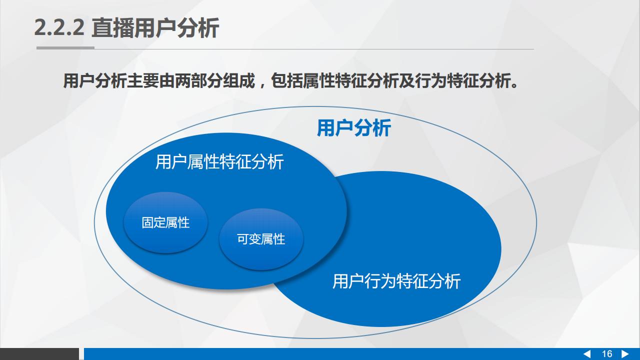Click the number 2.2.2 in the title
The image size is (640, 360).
pyautogui.click(x=59, y=28)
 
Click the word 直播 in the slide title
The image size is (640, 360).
pyautogui.click(x=113, y=27)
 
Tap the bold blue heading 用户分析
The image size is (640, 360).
pyautogui.click(x=353, y=128)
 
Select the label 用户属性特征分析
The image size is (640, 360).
pyautogui.click(x=219, y=161)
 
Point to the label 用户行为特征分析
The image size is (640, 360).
pyautogui.click(x=396, y=281)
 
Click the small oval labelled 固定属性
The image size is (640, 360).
pyautogui.click(x=165, y=222)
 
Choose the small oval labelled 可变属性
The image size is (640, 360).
pyautogui.click(x=261, y=239)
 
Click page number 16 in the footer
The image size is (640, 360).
pyautogui.click(x=607, y=354)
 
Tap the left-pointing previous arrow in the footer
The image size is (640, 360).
pyautogui.click(x=586, y=354)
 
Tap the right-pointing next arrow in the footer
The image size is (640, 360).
pyautogui.click(x=625, y=354)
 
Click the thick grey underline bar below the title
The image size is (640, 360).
pyautogui.click(x=65, y=48)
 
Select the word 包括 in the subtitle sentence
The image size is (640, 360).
pyautogui.click(x=286, y=81)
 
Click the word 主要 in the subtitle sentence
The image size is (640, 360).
pyautogui.click(x=143, y=81)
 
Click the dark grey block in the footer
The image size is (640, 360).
pyautogui.click(x=39, y=354)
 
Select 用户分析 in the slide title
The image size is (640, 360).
pyautogui.click(x=176, y=27)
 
